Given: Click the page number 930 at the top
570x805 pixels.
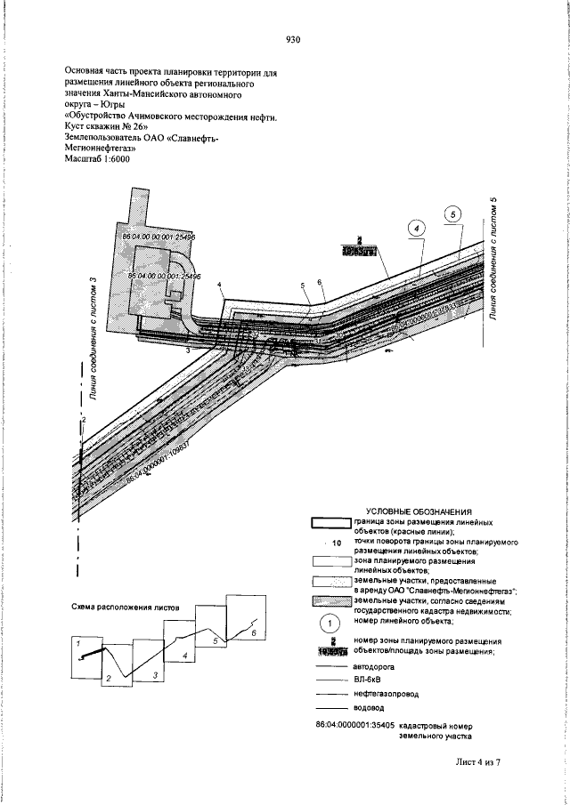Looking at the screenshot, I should [x=295, y=39].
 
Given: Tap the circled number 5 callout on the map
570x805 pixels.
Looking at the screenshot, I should [x=453, y=214].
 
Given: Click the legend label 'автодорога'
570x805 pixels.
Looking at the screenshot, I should [x=374, y=664].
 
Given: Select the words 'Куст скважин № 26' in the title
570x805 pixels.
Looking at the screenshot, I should [x=100, y=126].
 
